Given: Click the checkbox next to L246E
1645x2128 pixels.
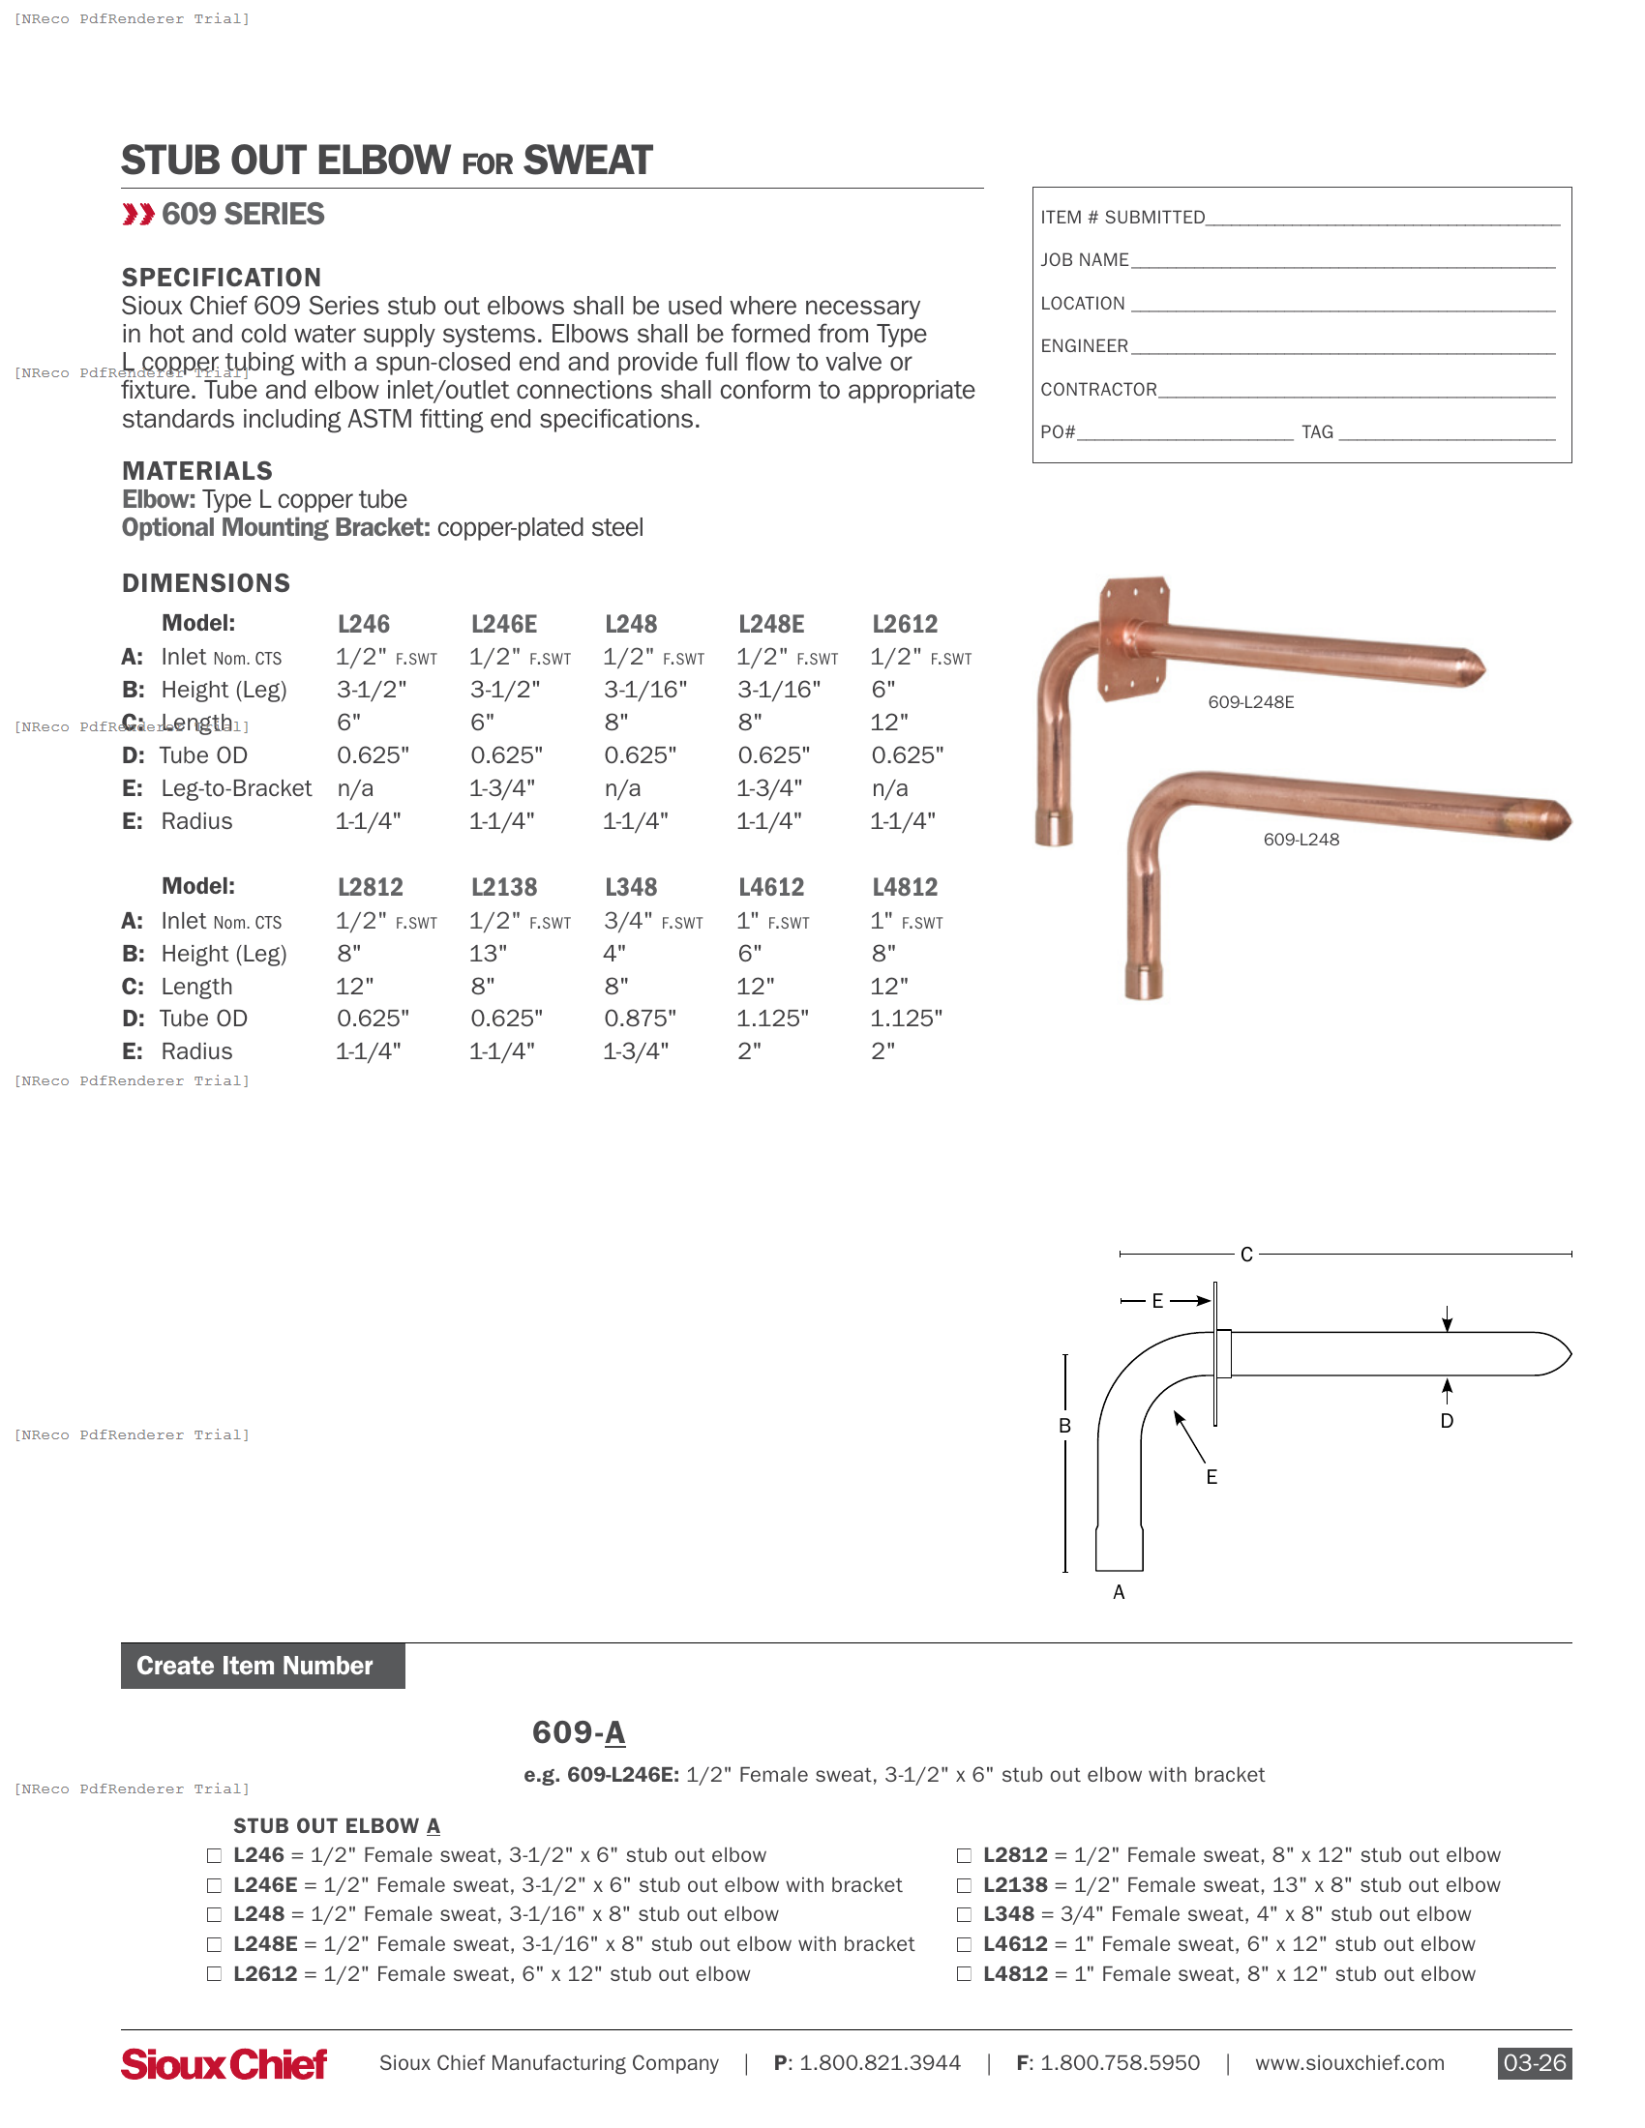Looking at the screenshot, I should [x=215, y=1885].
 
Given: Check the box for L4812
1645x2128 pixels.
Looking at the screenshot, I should [x=964, y=1974].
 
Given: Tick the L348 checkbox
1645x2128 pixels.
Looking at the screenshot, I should [x=964, y=1914].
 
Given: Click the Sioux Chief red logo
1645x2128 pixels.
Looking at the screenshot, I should [x=224, y=2064].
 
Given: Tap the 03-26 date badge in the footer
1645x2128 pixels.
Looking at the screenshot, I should [x=1534, y=2063].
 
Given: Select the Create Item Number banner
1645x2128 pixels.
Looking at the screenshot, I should [x=262, y=1666].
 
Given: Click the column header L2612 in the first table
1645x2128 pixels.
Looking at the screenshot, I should [x=905, y=624].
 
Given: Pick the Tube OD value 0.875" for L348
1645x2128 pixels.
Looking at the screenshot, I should [x=641, y=1019].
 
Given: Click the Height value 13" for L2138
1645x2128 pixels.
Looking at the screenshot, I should [x=489, y=953].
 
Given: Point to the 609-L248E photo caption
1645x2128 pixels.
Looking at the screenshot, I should [x=1250, y=701].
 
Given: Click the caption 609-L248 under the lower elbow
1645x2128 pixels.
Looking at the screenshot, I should [x=1301, y=839].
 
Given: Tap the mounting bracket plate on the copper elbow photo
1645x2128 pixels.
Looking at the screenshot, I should [x=1132, y=638].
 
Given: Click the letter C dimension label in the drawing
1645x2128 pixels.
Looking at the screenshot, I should [x=1246, y=1255].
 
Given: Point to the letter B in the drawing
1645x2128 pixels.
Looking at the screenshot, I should [x=1065, y=1426].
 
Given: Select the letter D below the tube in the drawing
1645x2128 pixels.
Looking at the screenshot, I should [x=1448, y=1421].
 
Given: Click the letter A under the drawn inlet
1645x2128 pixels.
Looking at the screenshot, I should [x=1119, y=1592].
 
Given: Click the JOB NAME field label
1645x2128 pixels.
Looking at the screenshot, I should [x=1084, y=260].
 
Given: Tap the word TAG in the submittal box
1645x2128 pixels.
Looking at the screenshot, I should [x=1317, y=431].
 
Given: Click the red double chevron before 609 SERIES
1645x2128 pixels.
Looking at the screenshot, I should [x=138, y=215].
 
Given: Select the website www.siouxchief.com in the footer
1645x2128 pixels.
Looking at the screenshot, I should [x=1349, y=2063].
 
